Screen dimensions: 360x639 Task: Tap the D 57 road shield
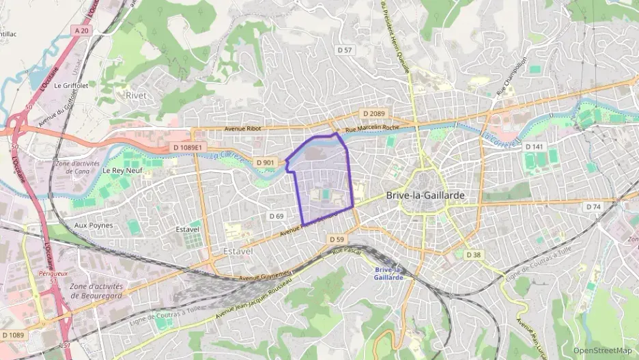[345, 50]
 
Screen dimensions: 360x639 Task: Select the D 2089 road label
[373, 113]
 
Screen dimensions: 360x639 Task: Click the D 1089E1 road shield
[187, 147]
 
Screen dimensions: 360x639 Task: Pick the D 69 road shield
[276, 216]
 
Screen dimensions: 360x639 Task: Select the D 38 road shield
[473, 254]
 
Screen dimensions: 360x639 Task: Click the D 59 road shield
[336, 240]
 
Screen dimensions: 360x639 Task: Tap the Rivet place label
[136, 96]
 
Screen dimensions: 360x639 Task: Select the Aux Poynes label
[94, 225]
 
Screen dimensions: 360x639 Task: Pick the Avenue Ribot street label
[244, 128]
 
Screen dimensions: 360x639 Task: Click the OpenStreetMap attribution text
[602, 350]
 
